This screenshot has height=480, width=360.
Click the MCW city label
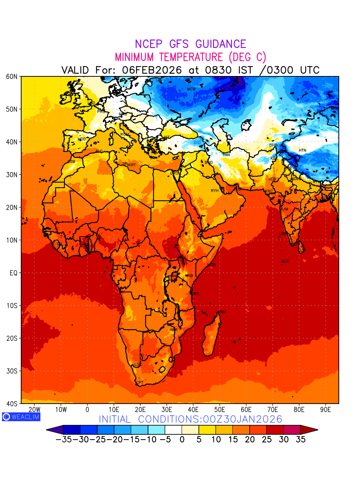pos(191,89)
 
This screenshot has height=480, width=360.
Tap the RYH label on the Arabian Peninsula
pos(215,191)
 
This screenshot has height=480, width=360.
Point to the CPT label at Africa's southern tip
pos(140,383)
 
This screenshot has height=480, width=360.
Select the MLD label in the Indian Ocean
pos(285,261)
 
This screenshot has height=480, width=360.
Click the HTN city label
pos(302,150)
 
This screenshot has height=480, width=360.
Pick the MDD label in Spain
pos(82,139)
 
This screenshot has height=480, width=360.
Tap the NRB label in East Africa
pos(189,276)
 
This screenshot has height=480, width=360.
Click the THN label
pos(226,155)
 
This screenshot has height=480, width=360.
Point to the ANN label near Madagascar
pos(222,312)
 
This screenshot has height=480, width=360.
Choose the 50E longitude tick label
pos(220,410)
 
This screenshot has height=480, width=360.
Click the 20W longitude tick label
pos(34,410)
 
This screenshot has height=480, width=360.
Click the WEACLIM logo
pos(21,416)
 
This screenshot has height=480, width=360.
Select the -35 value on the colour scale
pos(64,439)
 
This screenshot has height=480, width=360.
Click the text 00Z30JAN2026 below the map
pos(243,419)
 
